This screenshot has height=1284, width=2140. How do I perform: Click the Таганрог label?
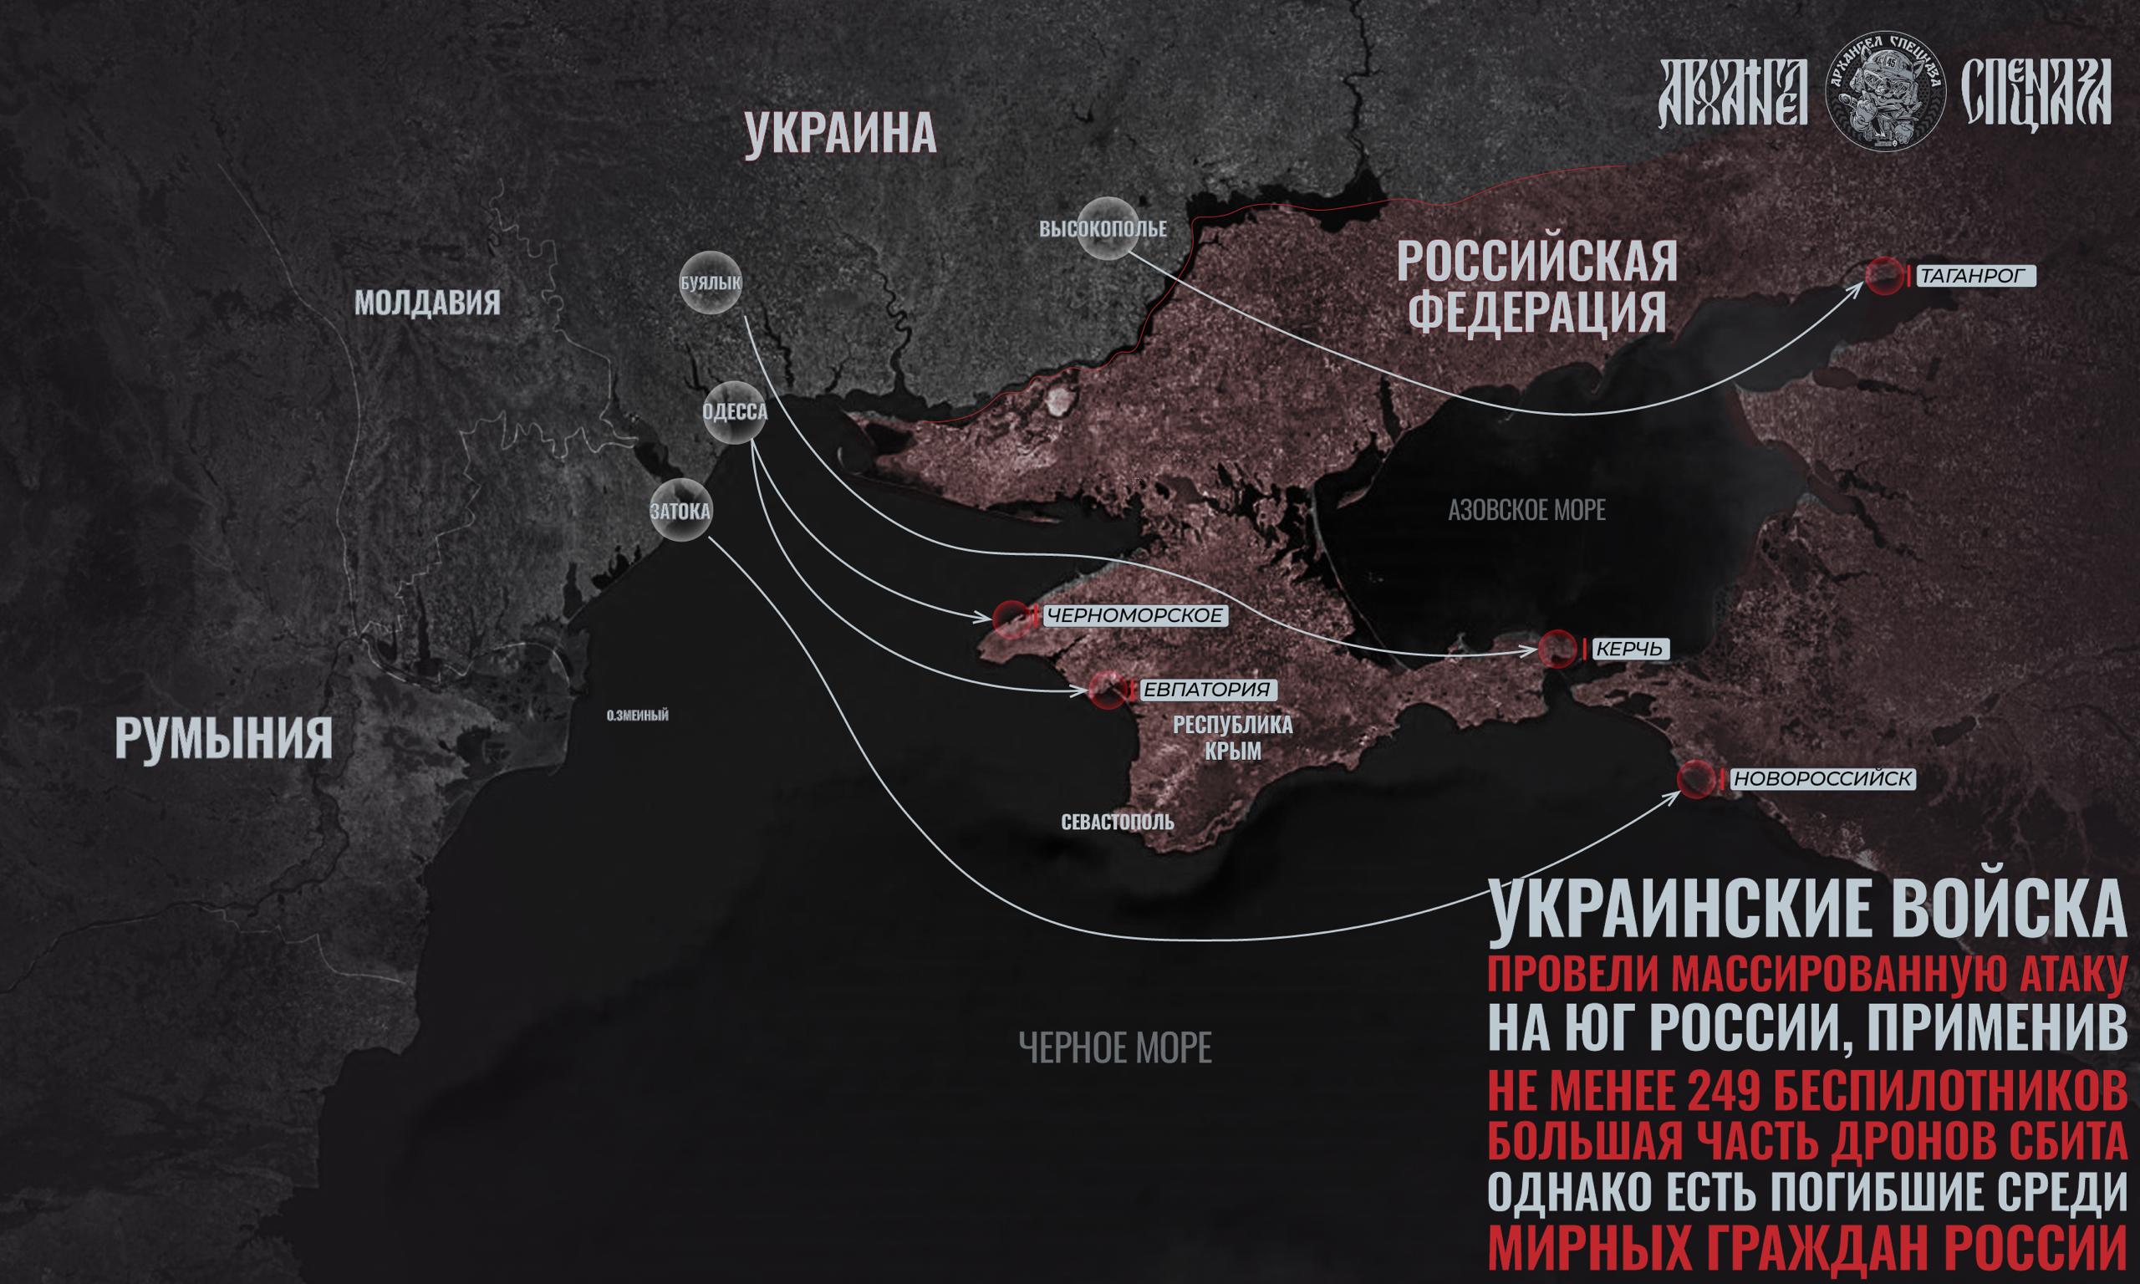1975,276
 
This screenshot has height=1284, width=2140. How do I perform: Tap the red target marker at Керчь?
1557,649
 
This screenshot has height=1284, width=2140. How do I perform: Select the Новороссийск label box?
1822,780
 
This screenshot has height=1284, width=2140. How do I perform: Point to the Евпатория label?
1206,690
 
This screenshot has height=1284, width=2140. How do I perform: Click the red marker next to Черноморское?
1011,617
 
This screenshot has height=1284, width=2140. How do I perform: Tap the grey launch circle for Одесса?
736,412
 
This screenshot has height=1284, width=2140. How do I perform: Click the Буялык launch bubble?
711,282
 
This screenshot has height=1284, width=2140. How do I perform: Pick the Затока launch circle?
680,512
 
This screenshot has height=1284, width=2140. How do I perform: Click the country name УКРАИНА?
840,135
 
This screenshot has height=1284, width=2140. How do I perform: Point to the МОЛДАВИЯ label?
427,303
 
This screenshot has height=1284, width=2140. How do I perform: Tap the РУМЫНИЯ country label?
223,738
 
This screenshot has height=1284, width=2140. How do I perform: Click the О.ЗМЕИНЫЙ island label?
637,716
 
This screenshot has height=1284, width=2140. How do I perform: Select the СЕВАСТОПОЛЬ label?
1118,821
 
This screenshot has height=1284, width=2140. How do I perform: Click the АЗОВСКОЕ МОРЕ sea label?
1526,511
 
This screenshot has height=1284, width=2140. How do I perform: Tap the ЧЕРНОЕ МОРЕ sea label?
1115,1047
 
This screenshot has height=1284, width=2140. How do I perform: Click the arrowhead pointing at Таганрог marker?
1858,288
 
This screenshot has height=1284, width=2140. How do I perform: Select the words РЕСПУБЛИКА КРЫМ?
1232,737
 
